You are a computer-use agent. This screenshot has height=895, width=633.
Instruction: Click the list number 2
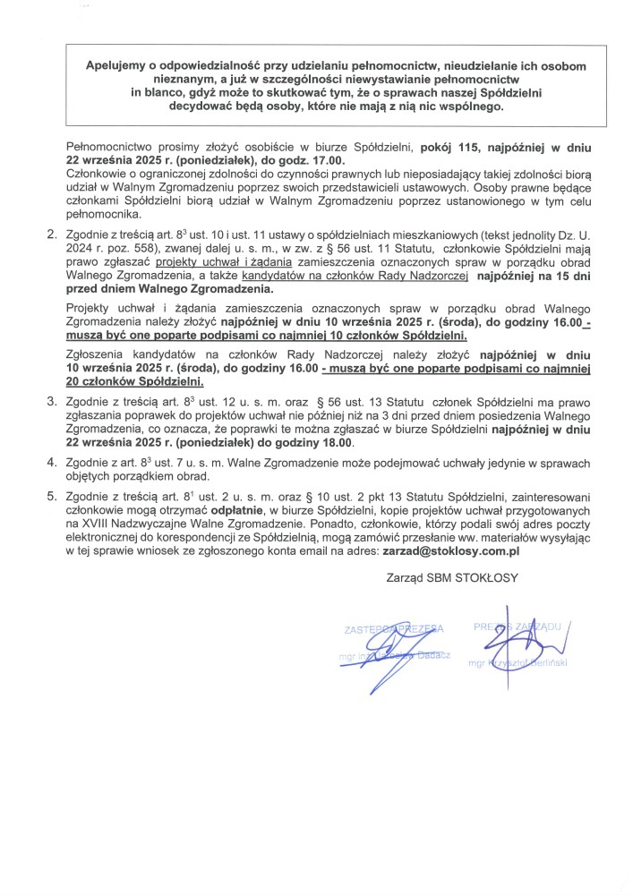(50, 234)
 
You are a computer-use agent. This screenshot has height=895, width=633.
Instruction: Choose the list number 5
(50, 496)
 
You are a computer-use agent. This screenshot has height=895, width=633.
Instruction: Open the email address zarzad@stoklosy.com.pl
(451, 554)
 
